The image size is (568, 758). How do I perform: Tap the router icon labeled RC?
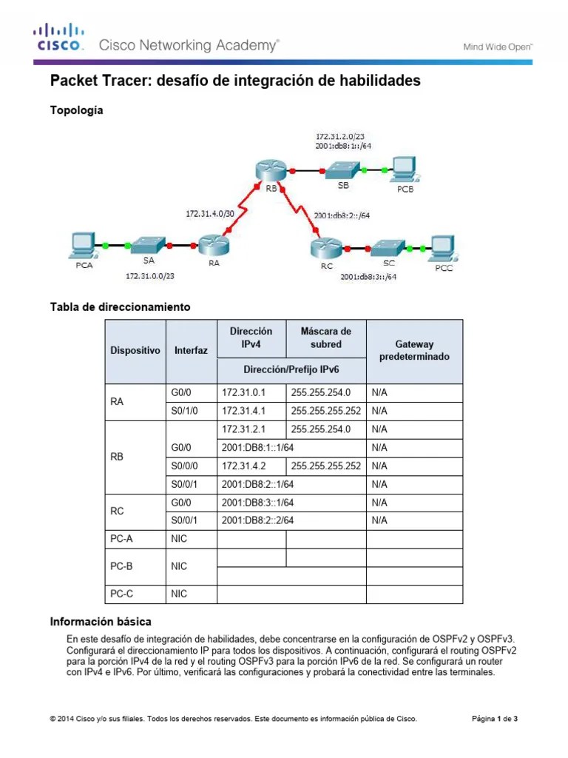click(x=323, y=244)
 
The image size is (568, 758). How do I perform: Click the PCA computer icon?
click(x=83, y=244)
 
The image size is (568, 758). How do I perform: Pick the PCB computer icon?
click(x=404, y=170)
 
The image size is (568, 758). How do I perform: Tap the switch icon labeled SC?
click(x=388, y=246)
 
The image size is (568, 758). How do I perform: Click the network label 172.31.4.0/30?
click(x=209, y=214)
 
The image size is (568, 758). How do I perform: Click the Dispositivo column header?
click(x=135, y=350)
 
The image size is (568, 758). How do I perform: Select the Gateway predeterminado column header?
click(x=414, y=350)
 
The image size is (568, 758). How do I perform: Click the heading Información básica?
click(x=100, y=621)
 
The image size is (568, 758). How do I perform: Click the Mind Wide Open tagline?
click(x=498, y=46)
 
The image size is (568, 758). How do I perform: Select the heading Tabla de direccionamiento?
click(x=120, y=306)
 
